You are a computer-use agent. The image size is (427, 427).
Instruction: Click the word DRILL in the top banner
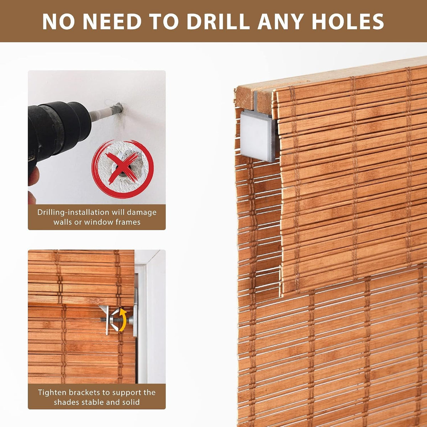[217, 21]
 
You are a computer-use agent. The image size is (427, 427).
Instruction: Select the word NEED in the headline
[112, 21]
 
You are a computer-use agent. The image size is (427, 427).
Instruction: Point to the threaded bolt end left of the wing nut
[104, 320]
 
